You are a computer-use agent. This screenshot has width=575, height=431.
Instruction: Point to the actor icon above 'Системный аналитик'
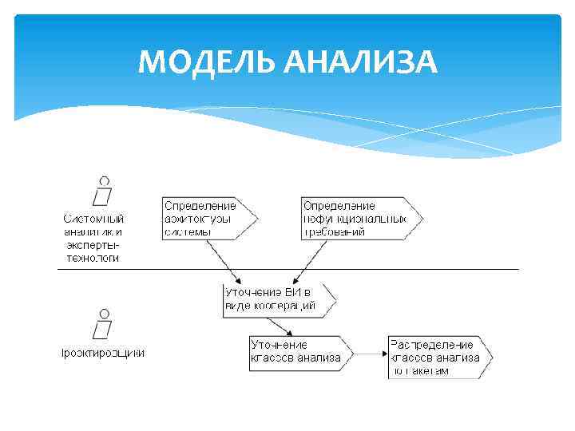pyautogui.click(x=103, y=192)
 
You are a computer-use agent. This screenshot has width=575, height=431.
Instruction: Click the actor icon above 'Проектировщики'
pyautogui.click(x=103, y=323)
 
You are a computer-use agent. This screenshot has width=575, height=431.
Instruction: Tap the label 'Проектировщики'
pyautogui.click(x=104, y=352)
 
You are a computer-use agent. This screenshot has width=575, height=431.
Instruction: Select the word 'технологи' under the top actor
pyautogui.click(x=92, y=258)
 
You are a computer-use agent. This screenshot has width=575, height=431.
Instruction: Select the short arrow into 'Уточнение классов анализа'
pyautogui.click(x=280, y=326)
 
